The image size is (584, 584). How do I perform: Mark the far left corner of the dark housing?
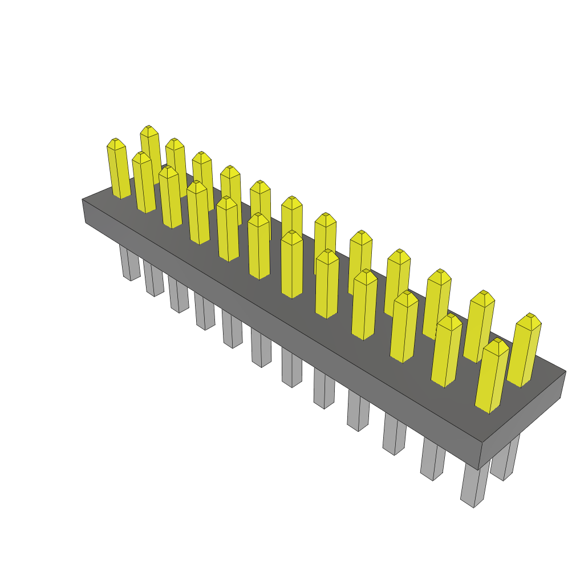pos(83,200)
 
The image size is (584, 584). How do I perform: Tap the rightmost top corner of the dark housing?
pos(565,371)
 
